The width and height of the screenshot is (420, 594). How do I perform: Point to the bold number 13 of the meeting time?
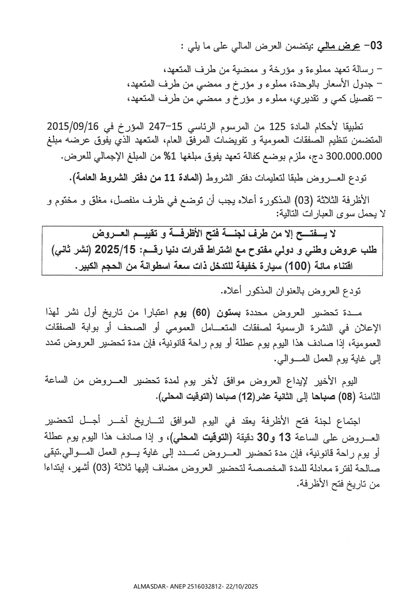[285, 438]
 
